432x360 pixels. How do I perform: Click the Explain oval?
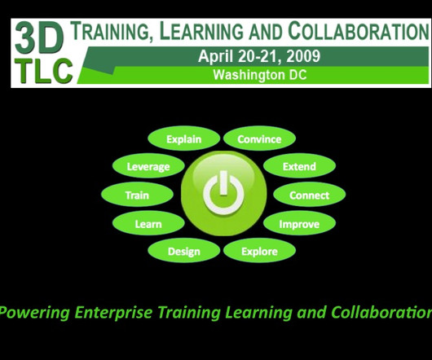pyautogui.click(x=183, y=138)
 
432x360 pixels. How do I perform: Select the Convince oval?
pyautogui.click(x=259, y=138)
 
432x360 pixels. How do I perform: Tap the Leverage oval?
pyautogui.click(x=148, y=166)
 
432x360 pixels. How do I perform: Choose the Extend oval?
pyautogui.click(x=299, y=166)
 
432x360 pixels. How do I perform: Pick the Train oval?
pyautogui.click(x=137, y=195)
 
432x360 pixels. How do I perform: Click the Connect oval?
pyautogui.click(x=310, y=195)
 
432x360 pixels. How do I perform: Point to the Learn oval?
pyautogui.click(x=148, y=223)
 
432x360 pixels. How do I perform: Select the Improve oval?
pyautogui.click(x=299, y=223)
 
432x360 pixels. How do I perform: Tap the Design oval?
pyautogui.click(x=183, y=251)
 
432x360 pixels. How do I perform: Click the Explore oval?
pyautogui.click(x=259, y=251)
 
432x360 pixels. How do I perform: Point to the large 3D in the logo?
pyautogui.click(x=39, y=38)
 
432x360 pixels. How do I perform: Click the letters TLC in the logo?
pyautogui.click(x=44, y=71)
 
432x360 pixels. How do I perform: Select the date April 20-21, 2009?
pyautogui.click(x=259, y=56)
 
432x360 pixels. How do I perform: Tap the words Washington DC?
pyautogui.click(x=260, y=75)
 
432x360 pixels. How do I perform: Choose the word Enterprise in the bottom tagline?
pyautogui.click(x=113, y=313)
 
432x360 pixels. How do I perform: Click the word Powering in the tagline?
pyautogui.click(x=34, y=313)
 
